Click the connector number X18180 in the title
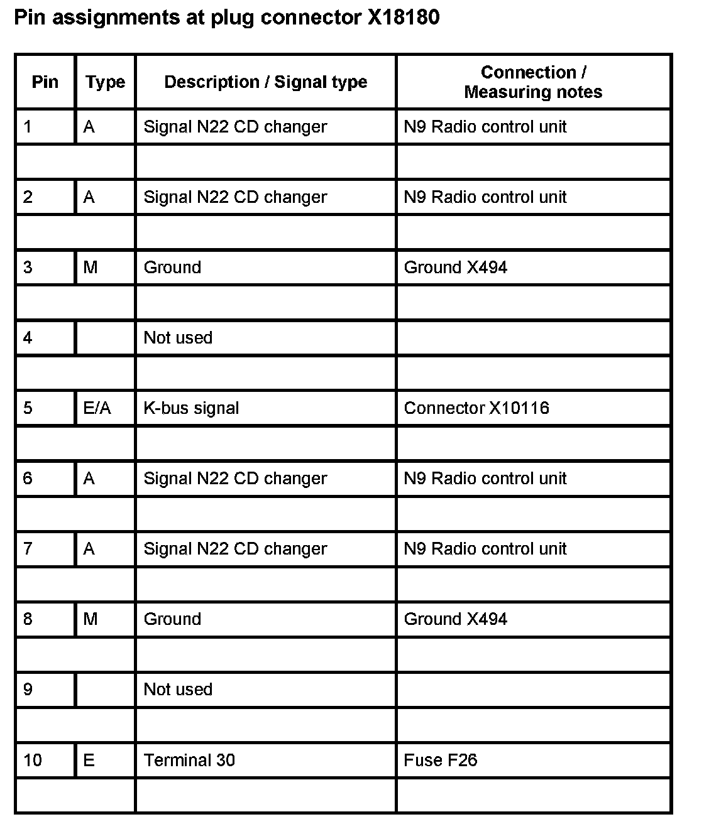point(403,18)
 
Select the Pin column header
point(45,82)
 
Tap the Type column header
point(105,82)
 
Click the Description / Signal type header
point(265,82)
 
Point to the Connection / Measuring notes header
point(533,82)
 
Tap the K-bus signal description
point(191,408)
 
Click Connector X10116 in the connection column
point(476,408)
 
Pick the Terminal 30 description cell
point(189,760)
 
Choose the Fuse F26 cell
point(441,760)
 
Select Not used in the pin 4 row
point(178,338)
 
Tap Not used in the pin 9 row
point(178,690)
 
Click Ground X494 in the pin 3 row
point(455,268)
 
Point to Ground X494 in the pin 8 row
point(455,619)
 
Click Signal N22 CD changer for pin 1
point(235,127)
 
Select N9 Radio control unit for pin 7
point(485,549)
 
